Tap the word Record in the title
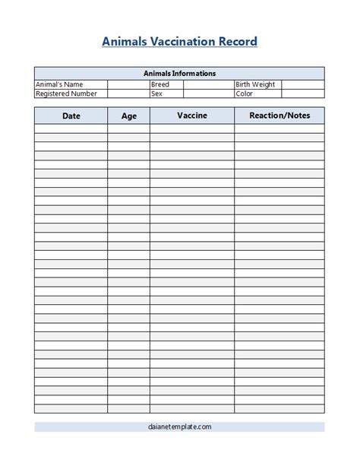[x=238, y=42]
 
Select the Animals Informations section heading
[x=179, y=74]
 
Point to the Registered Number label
[x=66, y=94]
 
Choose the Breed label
[x=160, y=84]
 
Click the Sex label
[x=156, y=94]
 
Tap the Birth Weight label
[x=255, y=84]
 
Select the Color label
[x=245, y=94]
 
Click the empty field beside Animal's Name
[x=128, y=84]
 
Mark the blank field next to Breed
[x=208, y=84]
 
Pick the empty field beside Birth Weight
[x=302, y=84]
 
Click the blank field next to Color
[x=302, y=94]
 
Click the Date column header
[x=71, y=116]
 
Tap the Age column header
[x=129, y=116]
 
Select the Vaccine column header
[x=191, y=116]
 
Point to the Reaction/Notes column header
[x=279, y=116]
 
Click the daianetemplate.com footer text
[x=179, y=427]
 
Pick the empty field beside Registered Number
[x=128, y=94]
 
